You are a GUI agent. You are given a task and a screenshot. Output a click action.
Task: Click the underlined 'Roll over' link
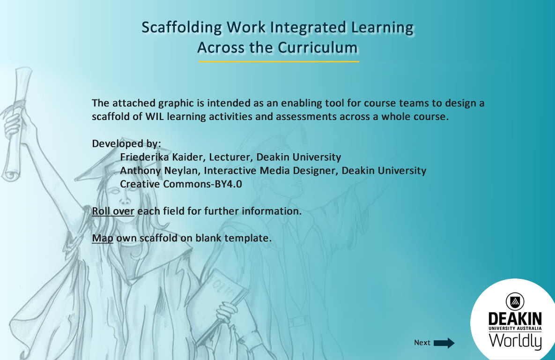click(113, 211)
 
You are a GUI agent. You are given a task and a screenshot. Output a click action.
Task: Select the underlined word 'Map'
click(103, 238)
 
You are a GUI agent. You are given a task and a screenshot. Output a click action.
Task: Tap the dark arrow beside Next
click(444, 343)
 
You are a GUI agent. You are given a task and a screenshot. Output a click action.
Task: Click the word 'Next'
click(422, 343)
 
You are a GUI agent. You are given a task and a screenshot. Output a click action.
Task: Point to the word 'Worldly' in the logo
click(515, 341)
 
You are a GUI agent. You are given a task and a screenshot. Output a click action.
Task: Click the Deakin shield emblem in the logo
click(515, 301)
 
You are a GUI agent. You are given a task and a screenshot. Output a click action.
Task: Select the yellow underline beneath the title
click(278, 61)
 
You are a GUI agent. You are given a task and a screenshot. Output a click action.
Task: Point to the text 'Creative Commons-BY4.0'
click(181, 184)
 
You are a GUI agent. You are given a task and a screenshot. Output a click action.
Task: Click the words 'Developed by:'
click(126, 143)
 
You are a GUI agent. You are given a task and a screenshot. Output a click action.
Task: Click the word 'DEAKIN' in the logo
click(515, 319)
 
